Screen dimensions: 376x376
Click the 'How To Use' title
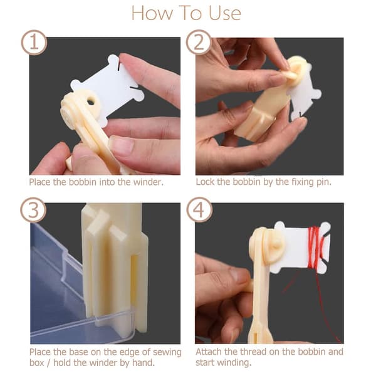coord(186,13)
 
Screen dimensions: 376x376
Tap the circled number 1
coord(34,43)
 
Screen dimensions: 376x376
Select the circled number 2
coord(199,43)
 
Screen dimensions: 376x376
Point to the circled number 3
coord(33,210)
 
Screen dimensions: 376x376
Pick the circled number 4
coord(199,210)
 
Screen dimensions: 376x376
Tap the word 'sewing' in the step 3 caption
coord(167,352)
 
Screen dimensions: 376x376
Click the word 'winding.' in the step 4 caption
coord(235,363)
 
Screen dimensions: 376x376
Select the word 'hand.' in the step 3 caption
coord(143,363)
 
